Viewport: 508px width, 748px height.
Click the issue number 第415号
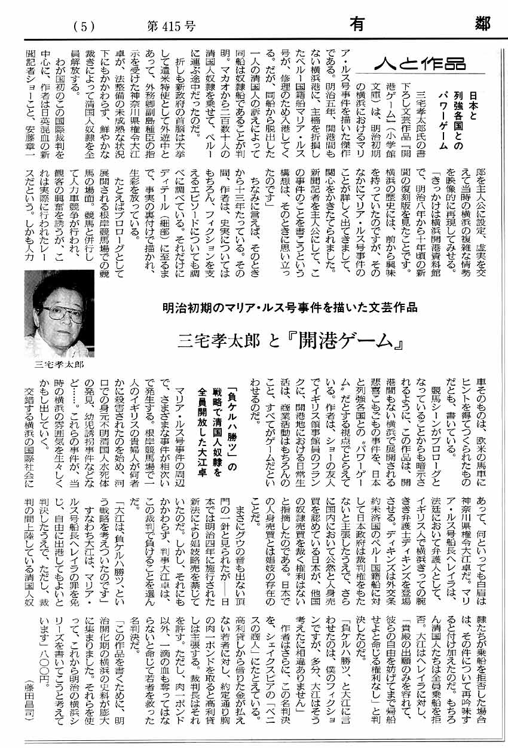click(170, 25)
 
